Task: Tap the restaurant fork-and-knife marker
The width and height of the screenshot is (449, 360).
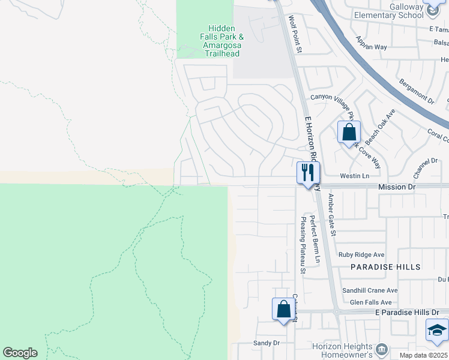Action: pos(308,173)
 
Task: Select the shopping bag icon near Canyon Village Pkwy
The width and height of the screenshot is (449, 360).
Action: pos(349,132)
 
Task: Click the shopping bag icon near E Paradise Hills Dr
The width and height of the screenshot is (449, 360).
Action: pos(283,310)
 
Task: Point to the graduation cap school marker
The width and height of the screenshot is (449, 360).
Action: pos(436,330)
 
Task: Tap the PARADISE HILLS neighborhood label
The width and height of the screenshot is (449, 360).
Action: pos(385,266)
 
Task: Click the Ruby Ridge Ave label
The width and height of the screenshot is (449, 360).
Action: pos(361,255)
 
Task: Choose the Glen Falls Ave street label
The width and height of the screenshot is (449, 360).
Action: pos(370,302)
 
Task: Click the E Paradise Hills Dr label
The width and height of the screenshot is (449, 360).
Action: pos(411,313)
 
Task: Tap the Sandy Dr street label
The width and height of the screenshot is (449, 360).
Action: pos(267,343)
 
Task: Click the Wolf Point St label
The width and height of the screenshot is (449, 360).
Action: pos(295,34)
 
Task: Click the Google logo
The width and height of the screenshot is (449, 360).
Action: pos(20,353)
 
